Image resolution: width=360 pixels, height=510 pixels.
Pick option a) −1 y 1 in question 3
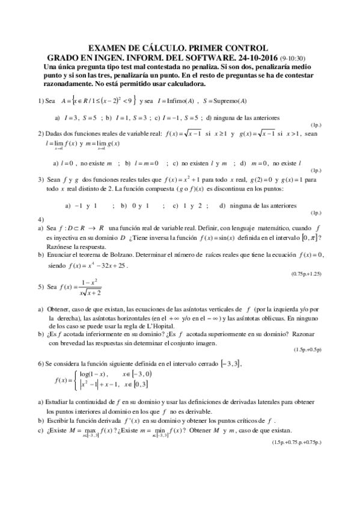tap(82, 206)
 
